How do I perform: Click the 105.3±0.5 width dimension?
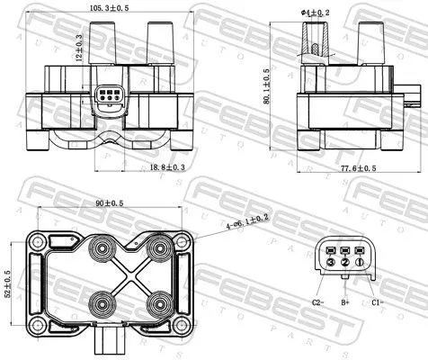pyautogui.click(x=108, y=7)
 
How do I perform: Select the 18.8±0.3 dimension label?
pyautogui.click(x=141, y=166)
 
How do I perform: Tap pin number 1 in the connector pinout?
pyautogui.click(x=360, y=261)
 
